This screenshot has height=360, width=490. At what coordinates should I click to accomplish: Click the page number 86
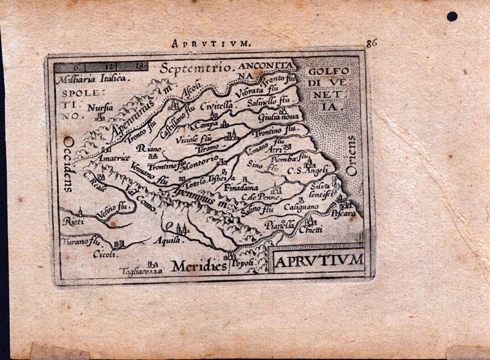coord(370,43)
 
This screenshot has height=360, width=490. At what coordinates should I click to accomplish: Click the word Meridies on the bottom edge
coord(197,266)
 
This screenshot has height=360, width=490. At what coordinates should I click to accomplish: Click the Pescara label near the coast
coord(343,214)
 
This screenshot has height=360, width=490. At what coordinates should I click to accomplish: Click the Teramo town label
coord(207,148)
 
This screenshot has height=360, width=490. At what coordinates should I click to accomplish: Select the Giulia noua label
coord(278,117)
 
